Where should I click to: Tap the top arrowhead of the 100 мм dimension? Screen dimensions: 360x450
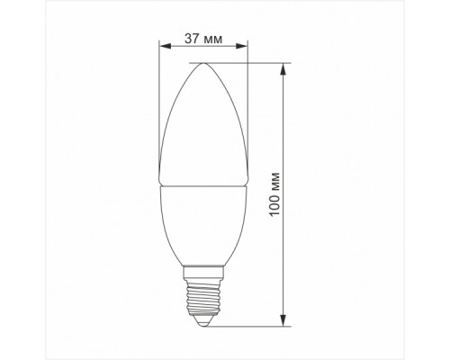coord(284,67)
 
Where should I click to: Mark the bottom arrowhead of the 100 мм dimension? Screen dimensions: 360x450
coord(284,319)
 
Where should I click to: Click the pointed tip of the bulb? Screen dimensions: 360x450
coord(203,64)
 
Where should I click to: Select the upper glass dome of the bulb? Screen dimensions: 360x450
coord(203,126)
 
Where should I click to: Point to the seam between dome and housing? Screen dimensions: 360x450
coord(203,185)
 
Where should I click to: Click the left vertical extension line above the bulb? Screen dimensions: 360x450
coord(159,90)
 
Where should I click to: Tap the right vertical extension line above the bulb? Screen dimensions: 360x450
coord(247,90)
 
